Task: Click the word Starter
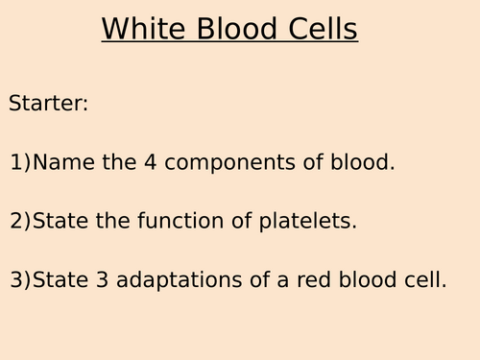point(48,103)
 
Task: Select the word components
point(226,163)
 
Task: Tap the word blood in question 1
point(361,162)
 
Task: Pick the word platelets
point(311,221)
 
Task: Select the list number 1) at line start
point(20,163)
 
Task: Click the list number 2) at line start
point(20,222)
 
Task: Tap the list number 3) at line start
point(20,281)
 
